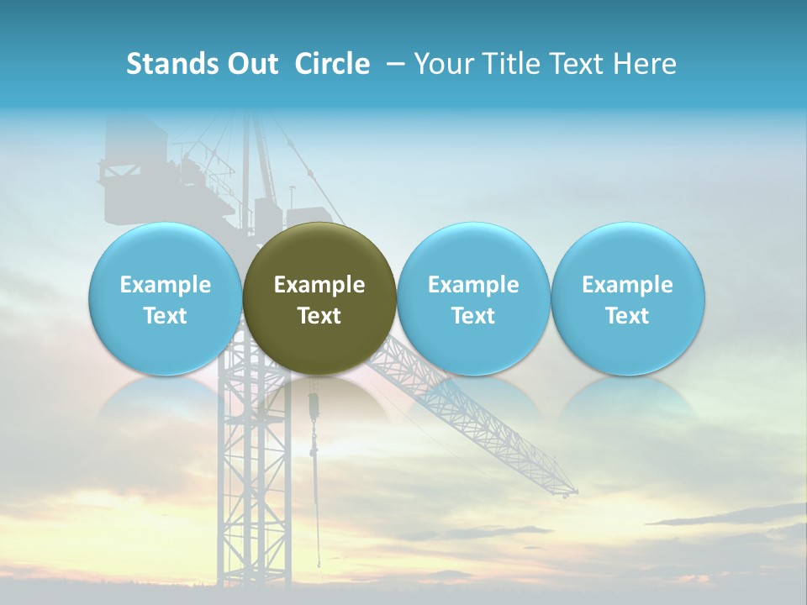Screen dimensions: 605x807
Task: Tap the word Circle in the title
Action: tap(332, 65)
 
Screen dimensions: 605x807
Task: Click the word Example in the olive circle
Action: tap(319, 285)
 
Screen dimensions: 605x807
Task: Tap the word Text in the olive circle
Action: tap(319, 316)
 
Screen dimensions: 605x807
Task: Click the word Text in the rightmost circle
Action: tap(628, 316)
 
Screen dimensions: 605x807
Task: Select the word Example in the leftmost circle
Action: tap(165, 285)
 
